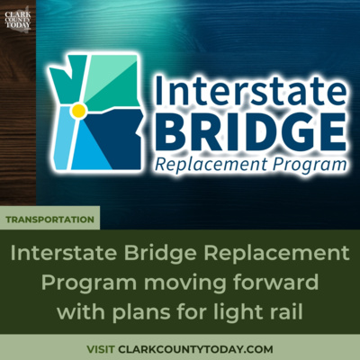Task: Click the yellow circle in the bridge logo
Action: point(78,111)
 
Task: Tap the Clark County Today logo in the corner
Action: point(16,20)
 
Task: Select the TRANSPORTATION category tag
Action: point(50,219)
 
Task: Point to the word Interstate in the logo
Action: point(249,87)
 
